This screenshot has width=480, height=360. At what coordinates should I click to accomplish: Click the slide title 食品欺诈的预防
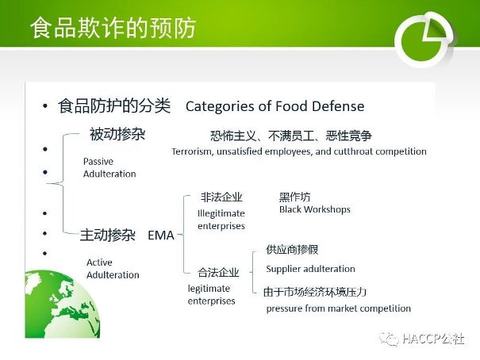pos(113,28)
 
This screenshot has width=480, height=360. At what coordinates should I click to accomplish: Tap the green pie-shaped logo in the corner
pos(424,39)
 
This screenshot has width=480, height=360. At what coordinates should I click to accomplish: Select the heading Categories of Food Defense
pos(275,106)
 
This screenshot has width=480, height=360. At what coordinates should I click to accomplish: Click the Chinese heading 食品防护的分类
pos(114,105)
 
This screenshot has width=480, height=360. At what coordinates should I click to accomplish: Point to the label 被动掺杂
pos(117,134)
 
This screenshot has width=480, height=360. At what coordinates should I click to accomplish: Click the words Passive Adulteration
pos(109,167)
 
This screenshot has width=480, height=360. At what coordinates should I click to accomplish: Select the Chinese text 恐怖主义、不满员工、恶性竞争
pos(291,136)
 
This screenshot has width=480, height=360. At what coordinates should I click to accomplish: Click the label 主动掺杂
pos(108,235)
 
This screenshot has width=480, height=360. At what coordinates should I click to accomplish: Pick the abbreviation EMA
pos(161,236)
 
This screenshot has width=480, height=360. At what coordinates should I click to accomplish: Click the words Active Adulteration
pos(113,269)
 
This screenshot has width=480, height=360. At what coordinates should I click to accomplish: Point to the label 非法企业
pos(221,197)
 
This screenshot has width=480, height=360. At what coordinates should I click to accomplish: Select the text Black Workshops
pos(315,209)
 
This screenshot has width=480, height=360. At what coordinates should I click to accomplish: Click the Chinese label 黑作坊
pos(294,197)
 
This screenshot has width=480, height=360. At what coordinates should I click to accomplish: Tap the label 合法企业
pos(218,272)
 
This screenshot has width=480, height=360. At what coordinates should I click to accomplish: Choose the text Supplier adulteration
pos(310,269)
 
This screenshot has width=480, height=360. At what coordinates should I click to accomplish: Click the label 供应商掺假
pos(292,250)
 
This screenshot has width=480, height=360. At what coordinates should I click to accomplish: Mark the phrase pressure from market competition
pos(339,308)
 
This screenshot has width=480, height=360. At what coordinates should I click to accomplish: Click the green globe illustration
pos(63,304)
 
